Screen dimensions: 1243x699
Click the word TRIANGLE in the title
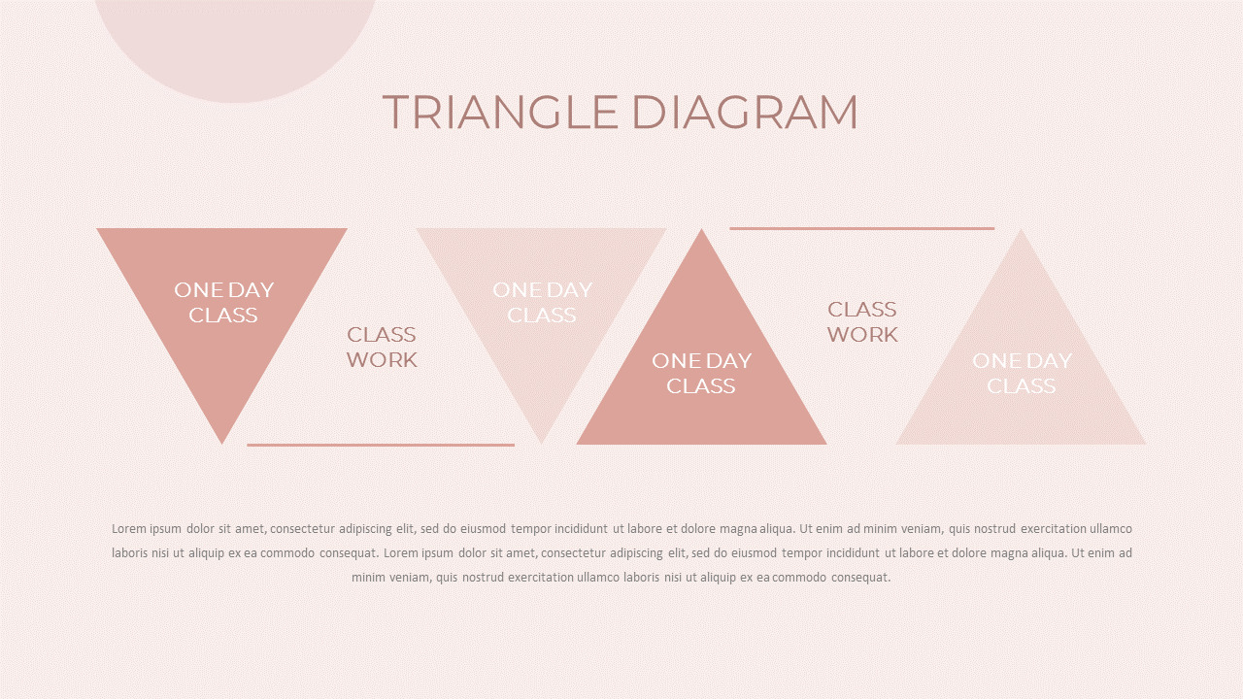click(500, 112)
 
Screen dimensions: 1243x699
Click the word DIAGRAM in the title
click(745, 112)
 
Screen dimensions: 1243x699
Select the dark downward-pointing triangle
click(222, 300)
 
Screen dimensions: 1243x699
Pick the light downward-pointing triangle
click(541, 300)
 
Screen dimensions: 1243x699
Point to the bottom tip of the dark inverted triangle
click(222, 444)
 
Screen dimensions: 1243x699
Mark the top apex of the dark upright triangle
click(701, 229)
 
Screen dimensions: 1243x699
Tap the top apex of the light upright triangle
click(1021, 229)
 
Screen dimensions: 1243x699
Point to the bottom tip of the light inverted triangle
click(541, 444)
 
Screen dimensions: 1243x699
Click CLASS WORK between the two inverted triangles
click(382, 348)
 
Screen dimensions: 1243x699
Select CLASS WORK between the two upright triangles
click(862, 321)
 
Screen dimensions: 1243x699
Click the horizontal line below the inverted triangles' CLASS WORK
click(381, 445)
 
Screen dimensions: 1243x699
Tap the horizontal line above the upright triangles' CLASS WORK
click(861, 228)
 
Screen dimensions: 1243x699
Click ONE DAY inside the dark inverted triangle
click(224, 290)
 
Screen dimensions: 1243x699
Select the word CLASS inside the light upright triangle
click(1021, 386)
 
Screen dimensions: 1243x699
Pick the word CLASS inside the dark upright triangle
click(701, 386)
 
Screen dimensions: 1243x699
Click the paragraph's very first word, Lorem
click(129, 529)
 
